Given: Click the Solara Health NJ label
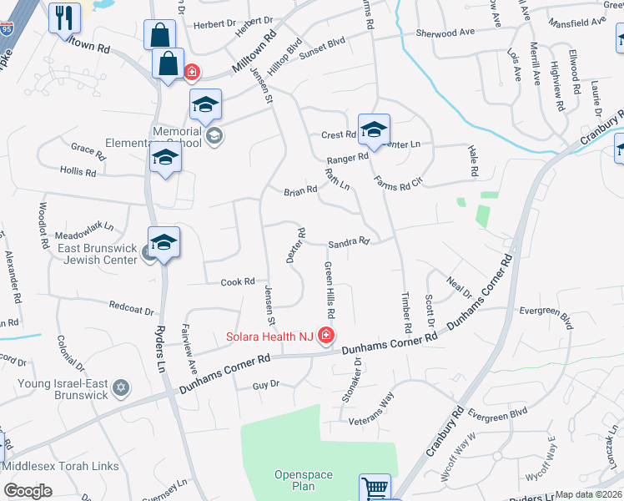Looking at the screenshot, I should (271, 337).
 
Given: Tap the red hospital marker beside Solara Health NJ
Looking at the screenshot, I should (325, 337).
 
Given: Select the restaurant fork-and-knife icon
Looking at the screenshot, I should (64, 17).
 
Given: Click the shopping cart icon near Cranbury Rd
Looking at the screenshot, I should (375, 488).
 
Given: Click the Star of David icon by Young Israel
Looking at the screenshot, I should (121, 388).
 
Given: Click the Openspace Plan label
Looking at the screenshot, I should (304, 480).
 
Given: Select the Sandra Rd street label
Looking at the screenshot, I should (349, 242).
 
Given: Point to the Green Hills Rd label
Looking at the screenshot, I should (330, 290).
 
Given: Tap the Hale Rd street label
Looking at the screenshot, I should (473, 159).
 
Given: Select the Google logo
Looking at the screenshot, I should (28, 491).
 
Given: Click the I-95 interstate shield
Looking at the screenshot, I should (6, 28).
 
